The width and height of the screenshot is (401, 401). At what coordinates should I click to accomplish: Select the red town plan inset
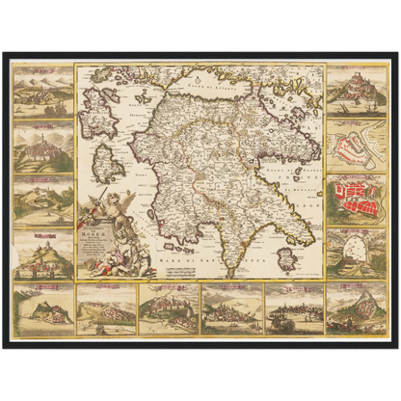pyautogui.click(x=357, y=199)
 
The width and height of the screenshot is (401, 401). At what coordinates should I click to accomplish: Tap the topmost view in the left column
pyautogui.click(x=44, y=90)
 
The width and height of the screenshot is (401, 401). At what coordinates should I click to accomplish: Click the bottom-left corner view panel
pyautogui.click(x=44, y=307)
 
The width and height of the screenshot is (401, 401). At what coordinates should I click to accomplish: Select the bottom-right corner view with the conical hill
pyautogui.click(x=357, y=307)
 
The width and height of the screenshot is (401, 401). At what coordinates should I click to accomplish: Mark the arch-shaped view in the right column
pyautogui.click(x=357, y=253)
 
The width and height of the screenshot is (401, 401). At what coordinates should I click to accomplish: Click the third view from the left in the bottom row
pyautogui.click(x=167, y=308)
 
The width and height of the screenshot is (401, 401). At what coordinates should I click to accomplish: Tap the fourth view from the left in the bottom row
pyautogui.click(x=230, y=308)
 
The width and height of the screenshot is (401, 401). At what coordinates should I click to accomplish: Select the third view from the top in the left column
pyautogui.click(x=44, y=200)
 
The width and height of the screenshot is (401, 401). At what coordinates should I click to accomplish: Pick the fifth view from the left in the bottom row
pyautogui.click(x=294, y=308)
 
